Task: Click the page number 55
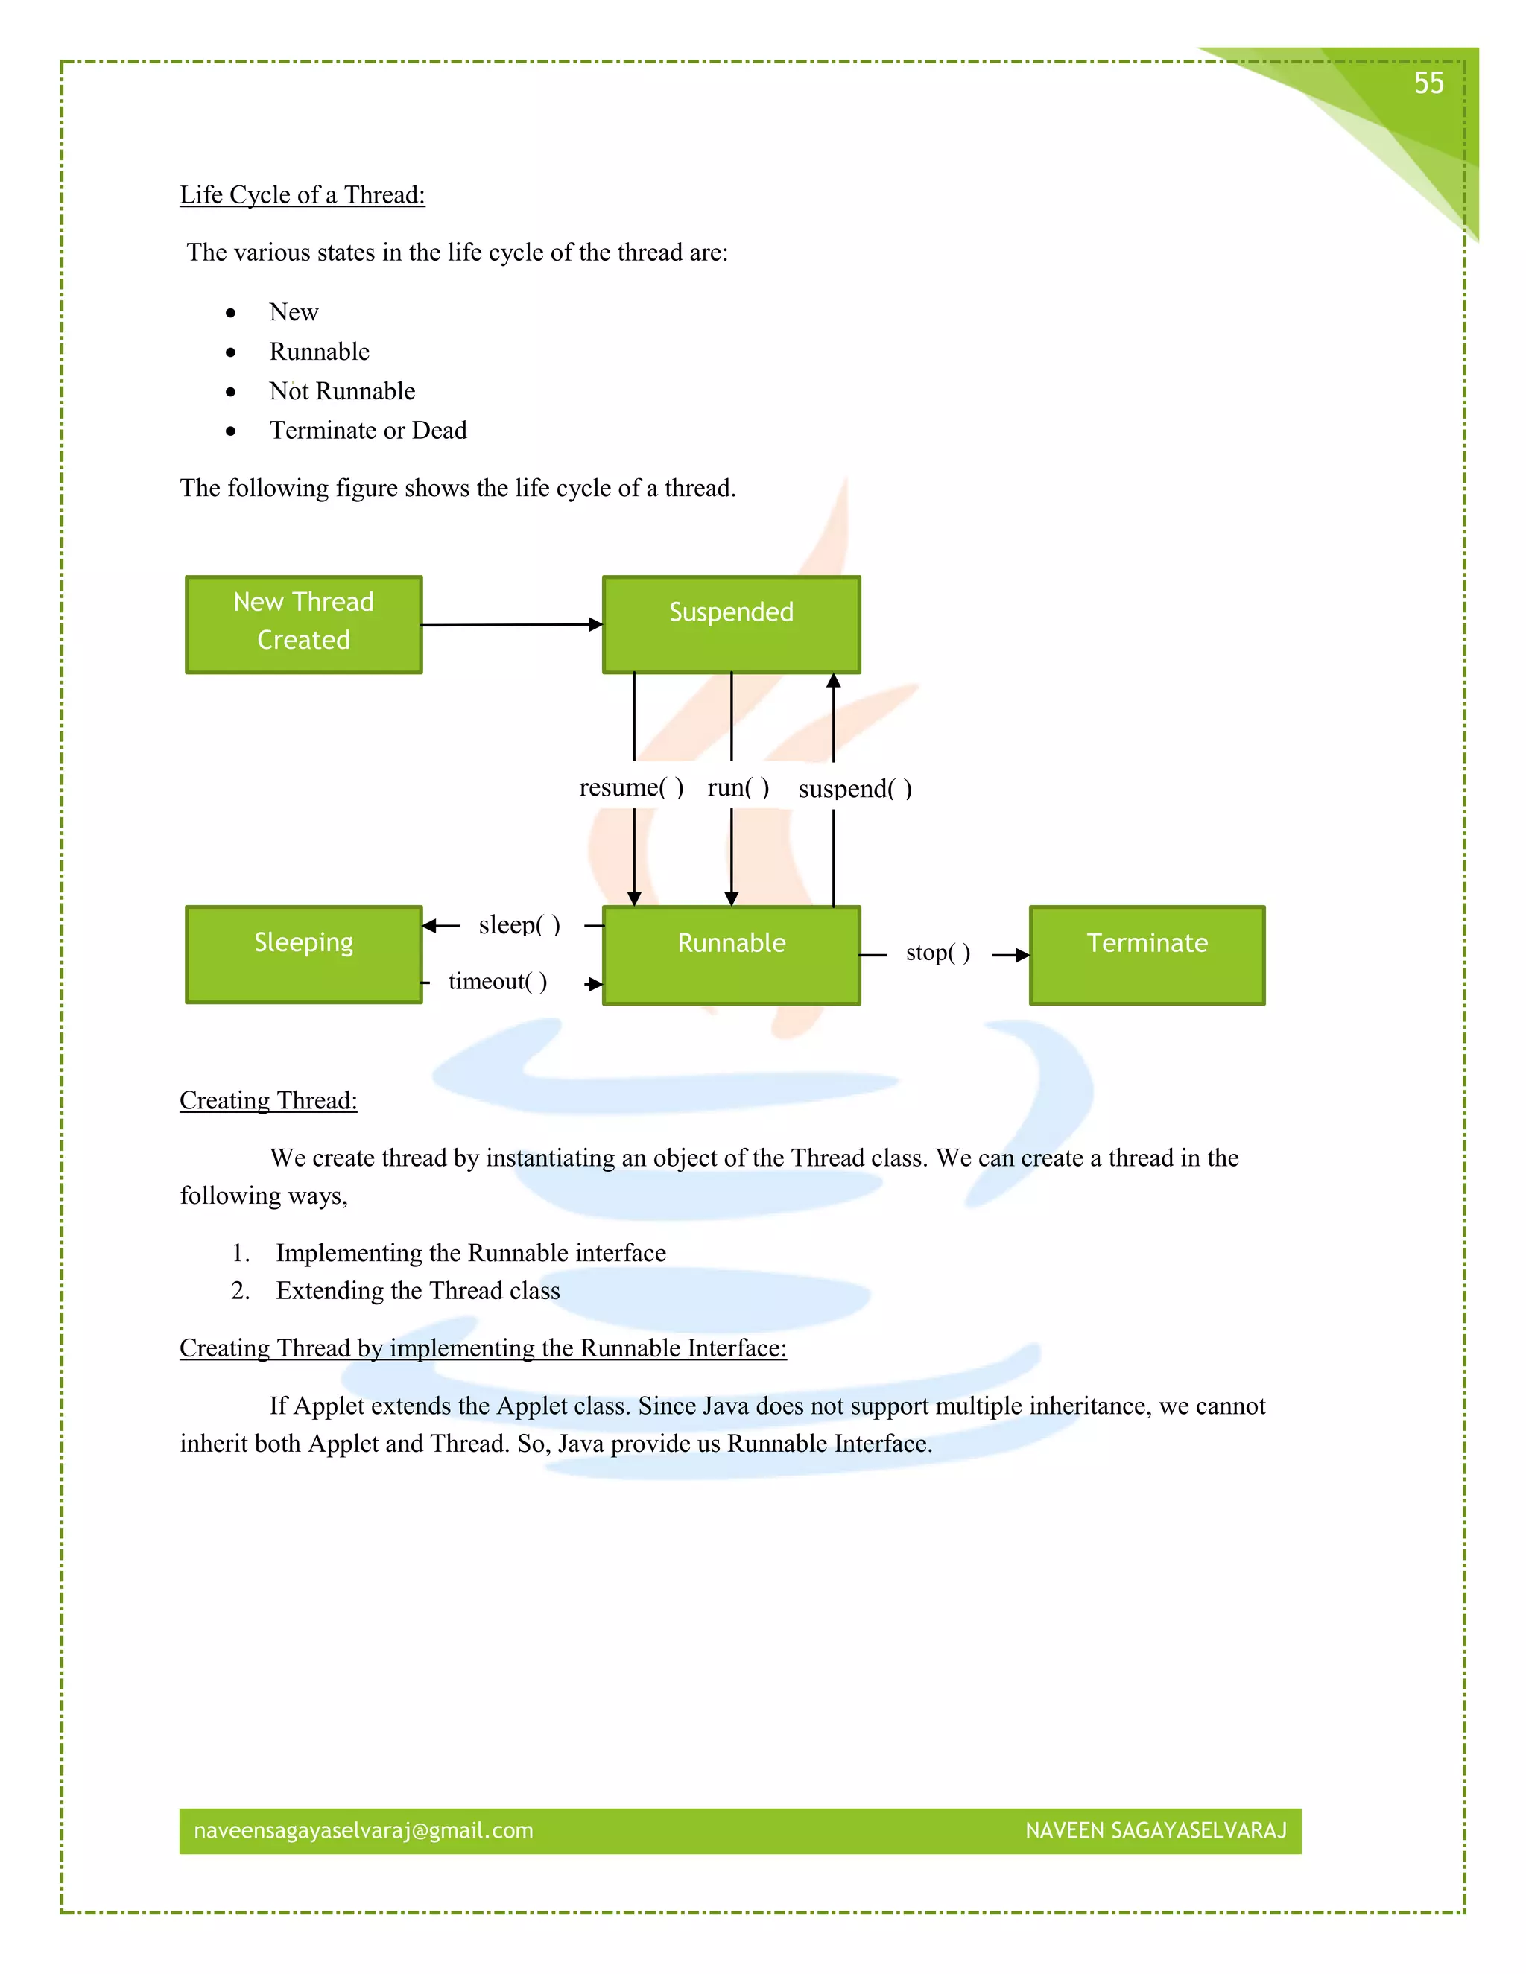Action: coord(1428,83)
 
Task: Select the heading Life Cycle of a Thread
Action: coord(302,195)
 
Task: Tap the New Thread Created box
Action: coord(304,624)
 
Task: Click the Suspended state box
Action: coord(732,624)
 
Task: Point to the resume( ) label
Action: coord(631,787)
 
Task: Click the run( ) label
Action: coord(738,787)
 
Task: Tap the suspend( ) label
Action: coord(855,789)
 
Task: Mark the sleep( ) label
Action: coord(519,924)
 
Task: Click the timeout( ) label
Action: coord(497,982)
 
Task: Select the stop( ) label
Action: coord(938,953)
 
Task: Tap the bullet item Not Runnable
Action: coord(342,391)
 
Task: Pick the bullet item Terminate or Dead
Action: coord(368,431)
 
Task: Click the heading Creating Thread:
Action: coord(268,1101)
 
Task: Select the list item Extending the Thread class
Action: coord(418,1291)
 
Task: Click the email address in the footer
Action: coord(364,1830)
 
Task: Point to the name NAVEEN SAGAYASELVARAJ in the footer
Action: coord(1156,1830)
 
